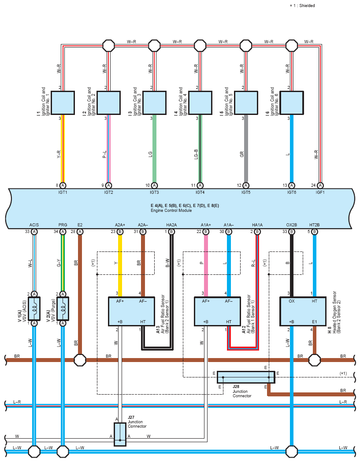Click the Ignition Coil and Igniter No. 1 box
63,103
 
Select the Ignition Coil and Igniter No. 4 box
200,103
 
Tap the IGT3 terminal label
154,192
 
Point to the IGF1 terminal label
320,192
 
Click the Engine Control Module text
171,211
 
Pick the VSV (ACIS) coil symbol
34,308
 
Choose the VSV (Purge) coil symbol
63,308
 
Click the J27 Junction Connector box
120,434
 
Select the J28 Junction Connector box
246,377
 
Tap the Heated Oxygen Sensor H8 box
303,311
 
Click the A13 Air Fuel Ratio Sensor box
131,311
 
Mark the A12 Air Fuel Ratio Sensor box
217,311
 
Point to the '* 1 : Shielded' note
302,6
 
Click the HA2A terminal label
171,225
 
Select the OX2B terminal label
292,225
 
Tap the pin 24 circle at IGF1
320,185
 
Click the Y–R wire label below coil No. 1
58,155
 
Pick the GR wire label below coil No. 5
242,155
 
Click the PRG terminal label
63,225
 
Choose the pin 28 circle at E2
80,232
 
